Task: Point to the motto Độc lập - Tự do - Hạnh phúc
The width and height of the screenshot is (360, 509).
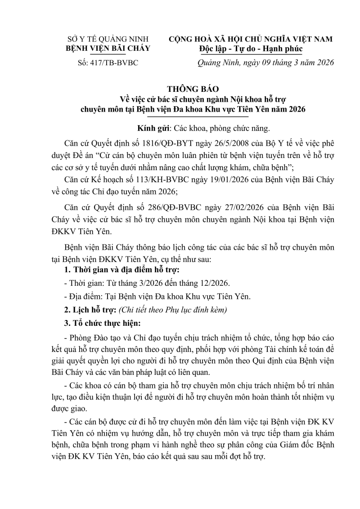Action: tap(251, 49)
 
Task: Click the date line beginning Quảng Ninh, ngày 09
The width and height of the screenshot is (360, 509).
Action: tap(266, 63)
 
